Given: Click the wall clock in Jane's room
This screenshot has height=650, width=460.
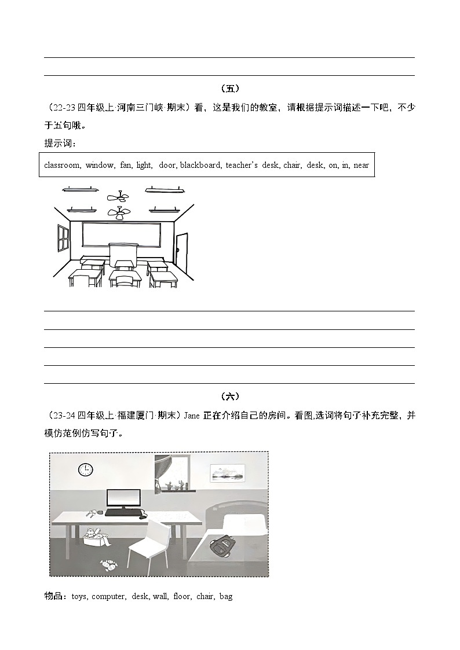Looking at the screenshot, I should tap(86, 469).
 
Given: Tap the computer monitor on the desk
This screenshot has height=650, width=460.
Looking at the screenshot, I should tap(123, 499).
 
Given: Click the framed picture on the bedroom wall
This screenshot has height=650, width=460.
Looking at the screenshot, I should tap(225, 473).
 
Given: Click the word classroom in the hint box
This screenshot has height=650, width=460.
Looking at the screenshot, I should tap(62, 165).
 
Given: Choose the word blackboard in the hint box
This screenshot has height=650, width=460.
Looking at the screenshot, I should tap(200, 165).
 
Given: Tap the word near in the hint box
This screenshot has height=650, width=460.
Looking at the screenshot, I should tap(361, 165).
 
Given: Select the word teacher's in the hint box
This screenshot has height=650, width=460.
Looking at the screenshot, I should tap(242, 165).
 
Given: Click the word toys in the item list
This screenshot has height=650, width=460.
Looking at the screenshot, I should tap(79, 596).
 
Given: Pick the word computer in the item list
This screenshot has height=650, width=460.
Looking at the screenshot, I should tap(108, 596).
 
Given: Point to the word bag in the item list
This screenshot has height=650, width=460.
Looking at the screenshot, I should tap(226, 596).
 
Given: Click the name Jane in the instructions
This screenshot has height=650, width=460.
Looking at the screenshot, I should tap(192, 415).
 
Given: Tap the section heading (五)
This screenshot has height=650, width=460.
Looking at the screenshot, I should tap(230, 89).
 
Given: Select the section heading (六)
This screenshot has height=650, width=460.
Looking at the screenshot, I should tap(230, 396).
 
